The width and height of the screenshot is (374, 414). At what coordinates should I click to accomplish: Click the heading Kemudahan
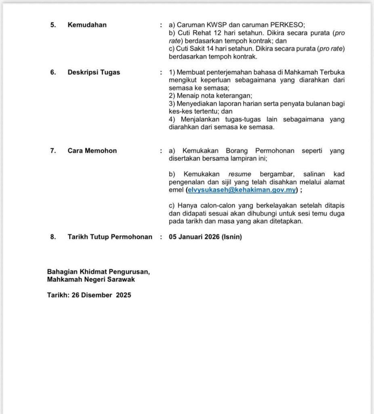click(x=87, y=25)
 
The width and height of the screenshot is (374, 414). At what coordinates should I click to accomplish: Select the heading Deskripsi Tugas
click(x=94, y=72)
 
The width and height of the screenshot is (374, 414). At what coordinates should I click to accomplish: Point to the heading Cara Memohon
click(x=92, y=151)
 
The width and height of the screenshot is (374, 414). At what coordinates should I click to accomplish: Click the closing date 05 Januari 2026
click(x=194, y=237)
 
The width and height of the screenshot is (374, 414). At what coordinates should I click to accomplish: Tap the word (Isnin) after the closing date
click(x=231, y=237)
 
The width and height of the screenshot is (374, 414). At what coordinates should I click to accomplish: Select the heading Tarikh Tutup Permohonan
click(x=110, y=237)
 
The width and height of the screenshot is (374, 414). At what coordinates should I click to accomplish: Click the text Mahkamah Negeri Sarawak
click(x=91, y=279)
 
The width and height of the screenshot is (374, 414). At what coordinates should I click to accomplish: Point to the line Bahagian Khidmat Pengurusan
click(x=98, y=272)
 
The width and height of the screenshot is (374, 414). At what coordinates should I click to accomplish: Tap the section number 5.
click(x=53, y=25)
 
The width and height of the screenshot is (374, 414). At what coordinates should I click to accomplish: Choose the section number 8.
click(x=53, y=237)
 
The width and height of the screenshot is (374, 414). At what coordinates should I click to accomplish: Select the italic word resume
click(x=240, y=174)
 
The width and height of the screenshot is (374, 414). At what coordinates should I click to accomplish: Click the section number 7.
click(x=53, y=151)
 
